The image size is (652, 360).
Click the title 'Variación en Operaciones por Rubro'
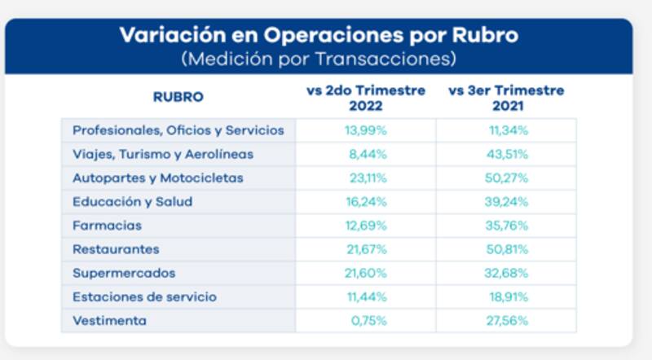point(319,37)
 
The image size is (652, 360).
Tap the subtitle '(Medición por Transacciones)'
point(319,59)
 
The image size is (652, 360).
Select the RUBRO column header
point(178,97)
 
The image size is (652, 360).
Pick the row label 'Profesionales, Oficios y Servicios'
point(178,130)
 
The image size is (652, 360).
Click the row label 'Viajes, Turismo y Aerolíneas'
point(163,154)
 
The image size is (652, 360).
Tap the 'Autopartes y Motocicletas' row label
point(157,178)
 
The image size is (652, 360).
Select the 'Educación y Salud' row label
point(133,202)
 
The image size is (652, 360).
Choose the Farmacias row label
point(107,226)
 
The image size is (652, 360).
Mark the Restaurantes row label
point(116,249)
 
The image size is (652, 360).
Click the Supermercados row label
point(123,273)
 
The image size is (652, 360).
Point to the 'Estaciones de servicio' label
point(144,297)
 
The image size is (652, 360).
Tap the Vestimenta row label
point(109,321)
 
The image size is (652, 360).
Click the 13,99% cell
point(366,130)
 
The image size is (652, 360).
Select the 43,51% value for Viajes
point(506,154)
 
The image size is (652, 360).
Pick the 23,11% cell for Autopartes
point(366,178)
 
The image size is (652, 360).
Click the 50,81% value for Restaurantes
point(506,249)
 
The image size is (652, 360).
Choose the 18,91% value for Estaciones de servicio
point(506,297)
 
